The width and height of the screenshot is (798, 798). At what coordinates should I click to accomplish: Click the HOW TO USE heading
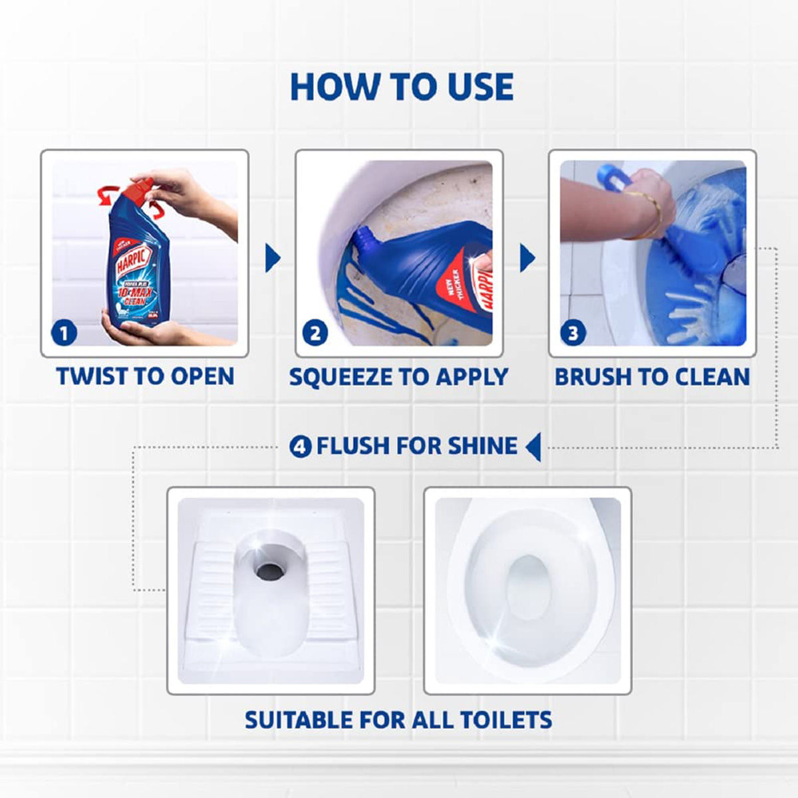(x=402, y=87)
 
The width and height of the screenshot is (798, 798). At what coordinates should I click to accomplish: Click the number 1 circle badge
(x=65, y=332)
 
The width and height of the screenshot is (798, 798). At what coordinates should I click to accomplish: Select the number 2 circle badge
(x=315, y=332)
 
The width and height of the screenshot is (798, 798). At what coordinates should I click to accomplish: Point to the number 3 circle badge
(x=573, y=332)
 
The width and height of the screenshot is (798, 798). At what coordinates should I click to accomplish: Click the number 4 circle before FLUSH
(x=301, y=446)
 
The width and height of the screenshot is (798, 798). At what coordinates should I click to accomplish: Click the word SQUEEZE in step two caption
(x=340, y=377)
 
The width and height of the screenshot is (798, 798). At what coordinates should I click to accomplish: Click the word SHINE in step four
(x=482, y=446)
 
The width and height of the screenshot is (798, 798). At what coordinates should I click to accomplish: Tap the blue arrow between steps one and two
(x=272, y=258)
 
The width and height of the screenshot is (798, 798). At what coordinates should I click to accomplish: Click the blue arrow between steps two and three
(x=527, y=258)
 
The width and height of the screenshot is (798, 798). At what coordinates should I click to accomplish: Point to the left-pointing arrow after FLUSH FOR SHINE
(x=533, y=446)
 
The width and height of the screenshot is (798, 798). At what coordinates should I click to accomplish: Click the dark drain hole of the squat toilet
(x=270, y=570)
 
